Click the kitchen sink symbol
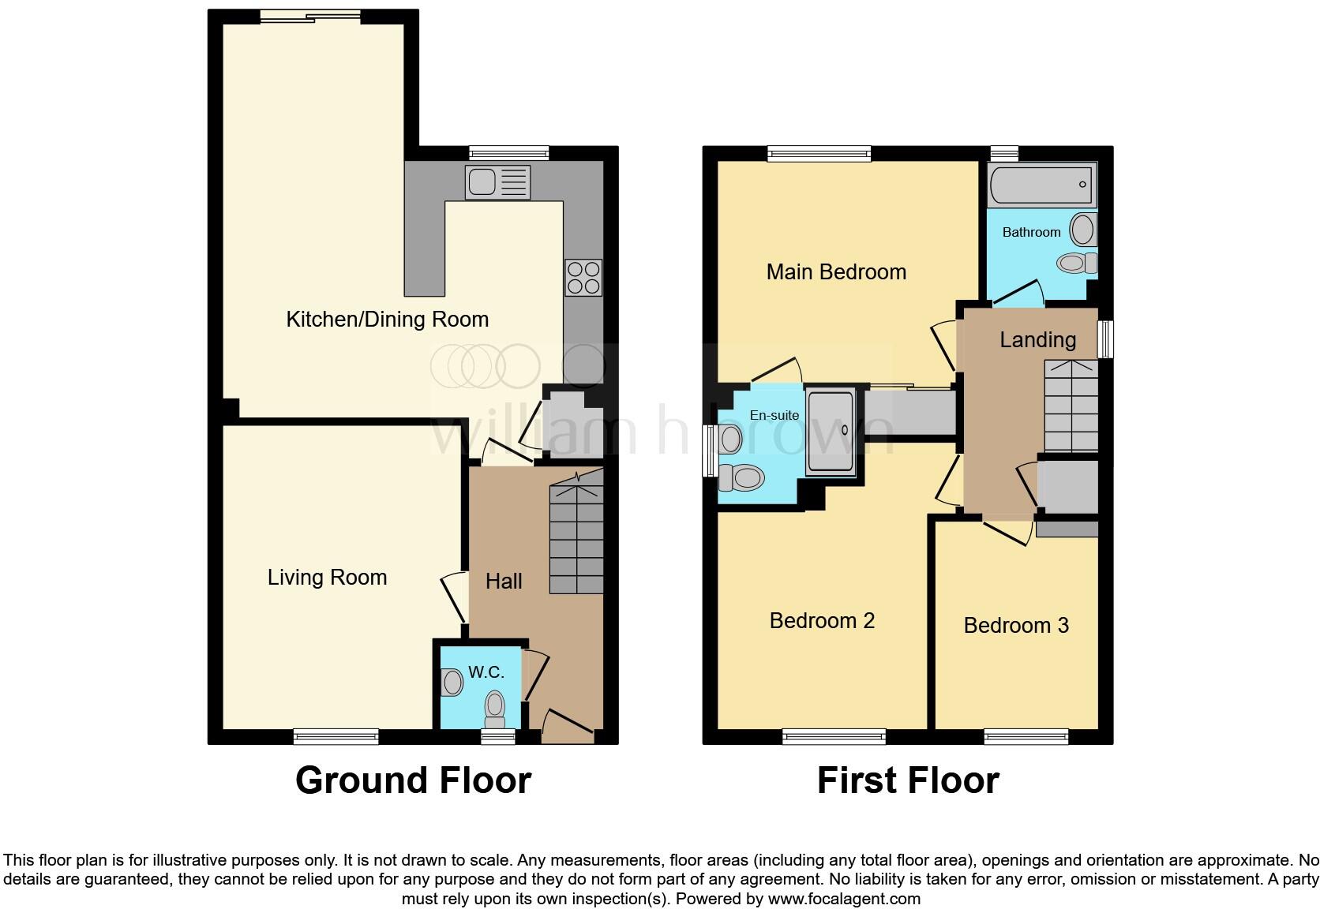pos(497,183)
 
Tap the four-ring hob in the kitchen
pos(583,278)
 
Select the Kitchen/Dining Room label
pos(387,320)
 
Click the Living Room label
pos(327,578)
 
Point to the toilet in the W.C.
pos(494,707)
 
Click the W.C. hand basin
pos(452,682)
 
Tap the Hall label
pos(504,582)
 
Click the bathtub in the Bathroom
pos(1041,185)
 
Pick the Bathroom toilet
pos(1076,262)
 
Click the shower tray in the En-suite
pos(830,431)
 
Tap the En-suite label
pos(774,415)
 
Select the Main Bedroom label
pos(836,272)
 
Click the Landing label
pos(1037,340)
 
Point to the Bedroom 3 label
pos(1016,626)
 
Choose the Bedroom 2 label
pos(822,621)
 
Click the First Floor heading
pos(908,780)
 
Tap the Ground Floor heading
pos(413,780)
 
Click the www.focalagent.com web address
pos(843,899)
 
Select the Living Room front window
pos(336,736)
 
